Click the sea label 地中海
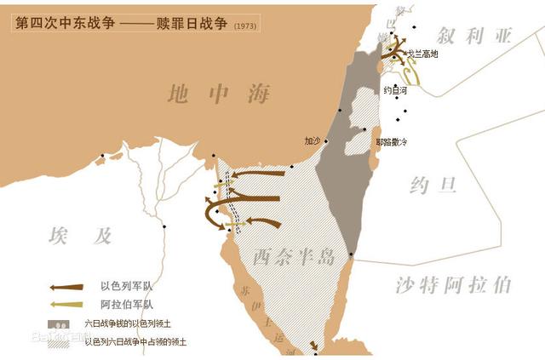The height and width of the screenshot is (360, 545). (x=220, y=93)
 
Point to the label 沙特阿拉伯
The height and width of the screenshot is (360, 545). (x=454, y=284)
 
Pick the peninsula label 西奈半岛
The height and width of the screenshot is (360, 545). (x=293, y=256)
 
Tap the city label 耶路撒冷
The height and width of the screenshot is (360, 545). (x=392, y=141)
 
